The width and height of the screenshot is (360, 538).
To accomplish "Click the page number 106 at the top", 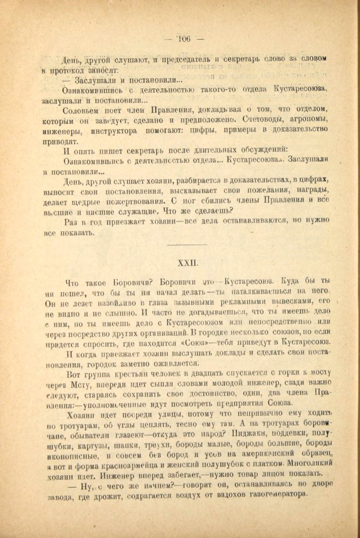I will coord(183,39).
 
